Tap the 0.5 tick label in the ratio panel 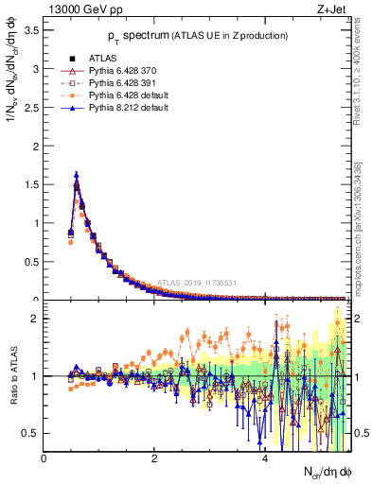click(29, 433)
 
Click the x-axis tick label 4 click(264, 458)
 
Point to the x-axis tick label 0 click(44, 458)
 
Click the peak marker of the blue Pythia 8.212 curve click(77, 174)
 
